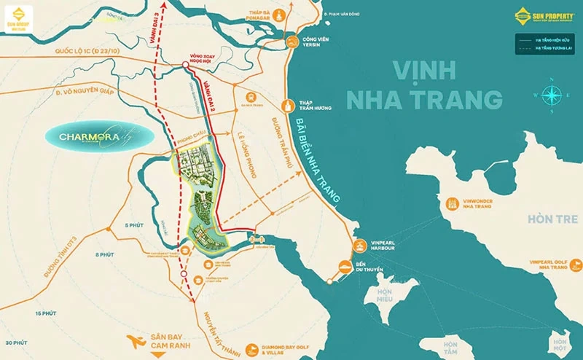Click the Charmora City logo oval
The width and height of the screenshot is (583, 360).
pos(98,136)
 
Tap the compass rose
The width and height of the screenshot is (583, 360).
pos(552,94)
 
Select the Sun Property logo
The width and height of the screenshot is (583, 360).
pos(543,16)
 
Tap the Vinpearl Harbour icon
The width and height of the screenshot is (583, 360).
pos(358,246)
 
